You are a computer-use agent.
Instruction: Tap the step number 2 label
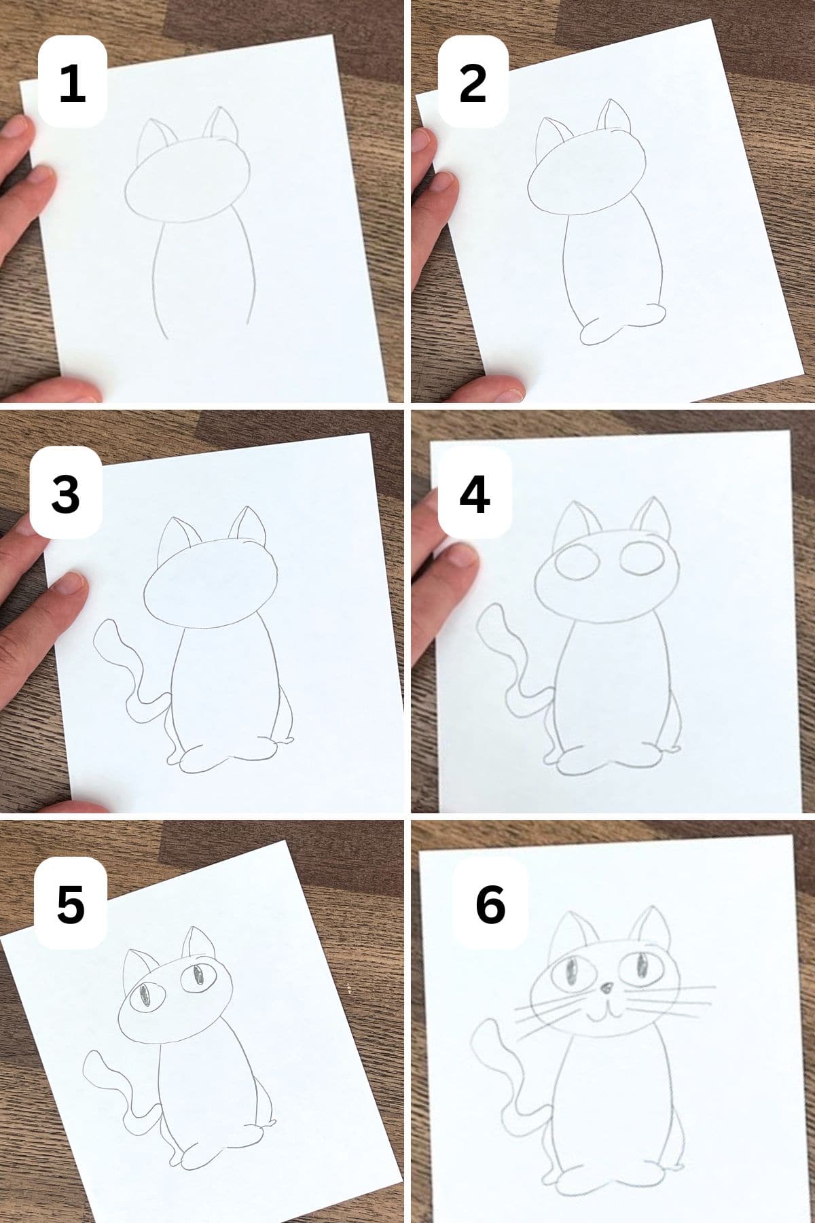click(473, 83)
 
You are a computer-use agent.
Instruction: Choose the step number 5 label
click(70, 904)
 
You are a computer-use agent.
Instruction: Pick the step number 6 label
click(490, 904)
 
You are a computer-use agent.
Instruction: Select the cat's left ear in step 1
click(152, 139)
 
